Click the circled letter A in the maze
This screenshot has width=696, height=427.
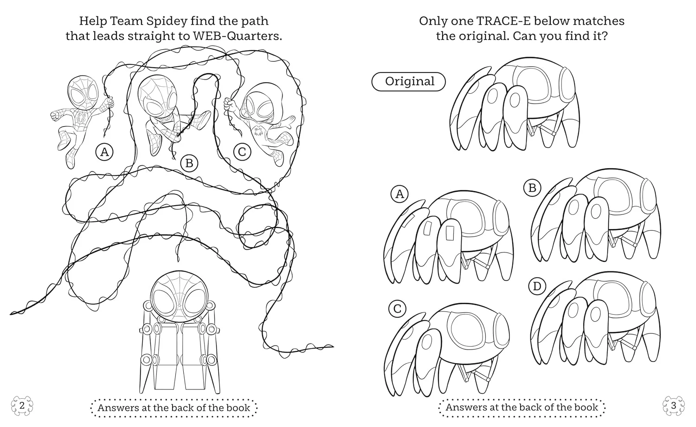point(104,152)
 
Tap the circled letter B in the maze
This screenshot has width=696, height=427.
point(189,163)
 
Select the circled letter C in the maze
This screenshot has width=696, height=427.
point(242,152)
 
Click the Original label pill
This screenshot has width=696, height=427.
point(409,82)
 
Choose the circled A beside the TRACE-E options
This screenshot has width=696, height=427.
point(400,194)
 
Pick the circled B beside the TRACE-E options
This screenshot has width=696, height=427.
point(532,188)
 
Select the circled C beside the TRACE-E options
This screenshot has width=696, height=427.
point(397,309)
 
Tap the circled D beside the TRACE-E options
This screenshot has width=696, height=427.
point(537,286)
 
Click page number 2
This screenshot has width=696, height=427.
point(22,406)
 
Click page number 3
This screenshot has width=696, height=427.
point(674,406)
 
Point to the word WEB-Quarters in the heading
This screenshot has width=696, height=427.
point(238,36)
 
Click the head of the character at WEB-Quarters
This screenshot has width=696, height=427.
point(179,294)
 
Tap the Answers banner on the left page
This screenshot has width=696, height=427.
point(174,408)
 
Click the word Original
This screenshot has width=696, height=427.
point(410,81)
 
